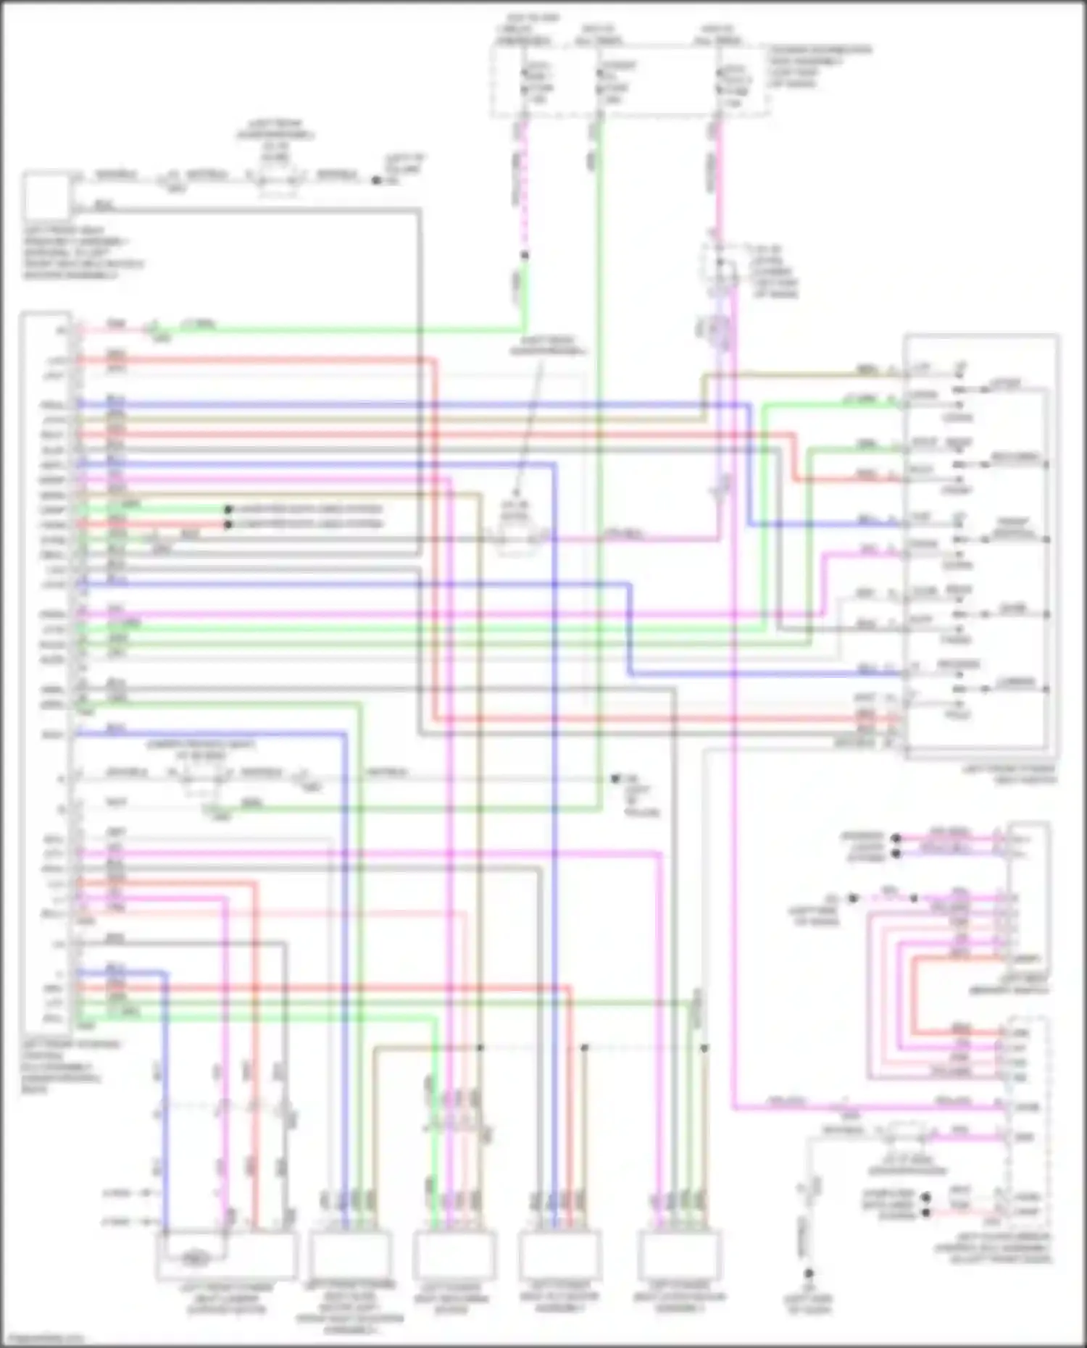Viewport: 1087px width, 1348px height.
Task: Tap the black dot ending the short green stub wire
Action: pos(228,509)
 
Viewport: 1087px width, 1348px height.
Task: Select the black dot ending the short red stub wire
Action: pos(228,524)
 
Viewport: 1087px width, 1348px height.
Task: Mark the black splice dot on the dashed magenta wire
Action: pos(525,255)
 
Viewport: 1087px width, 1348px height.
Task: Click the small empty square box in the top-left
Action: pos(47,196)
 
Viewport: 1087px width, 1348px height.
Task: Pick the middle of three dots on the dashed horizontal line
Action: pos(585,1047)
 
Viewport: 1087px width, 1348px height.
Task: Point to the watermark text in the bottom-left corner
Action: pos(43,1339)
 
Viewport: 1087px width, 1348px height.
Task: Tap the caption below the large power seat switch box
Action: pos(1009,774)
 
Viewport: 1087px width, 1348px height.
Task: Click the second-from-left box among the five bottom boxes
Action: pos(350,1257)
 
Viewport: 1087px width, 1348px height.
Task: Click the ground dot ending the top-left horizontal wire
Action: pos(376,180)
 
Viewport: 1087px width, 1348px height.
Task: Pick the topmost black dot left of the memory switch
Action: pos(896,838)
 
